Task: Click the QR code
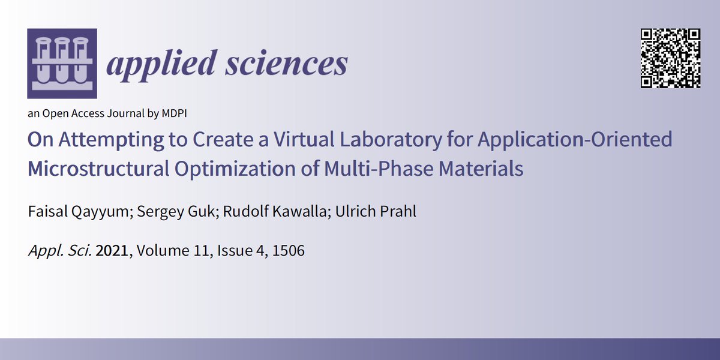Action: pyautogui.click(x=671, y=59)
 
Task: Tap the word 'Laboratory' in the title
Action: pyautogui.click(x=361, y=140)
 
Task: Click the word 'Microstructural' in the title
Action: pyautogui.click(x=99, y=169)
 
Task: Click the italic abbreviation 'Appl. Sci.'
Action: pyautogui.click(x=59, y=251)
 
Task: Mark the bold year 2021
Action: pyautogui.click(x=112, y=251)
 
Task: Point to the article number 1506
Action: pyautogui.click(x=289, y=251)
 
